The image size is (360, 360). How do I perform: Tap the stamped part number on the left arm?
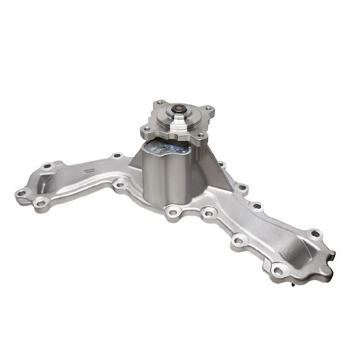coord(88,171)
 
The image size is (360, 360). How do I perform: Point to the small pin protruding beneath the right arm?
coord(293,284)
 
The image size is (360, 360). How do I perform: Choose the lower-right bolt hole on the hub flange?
coord(200,135)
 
